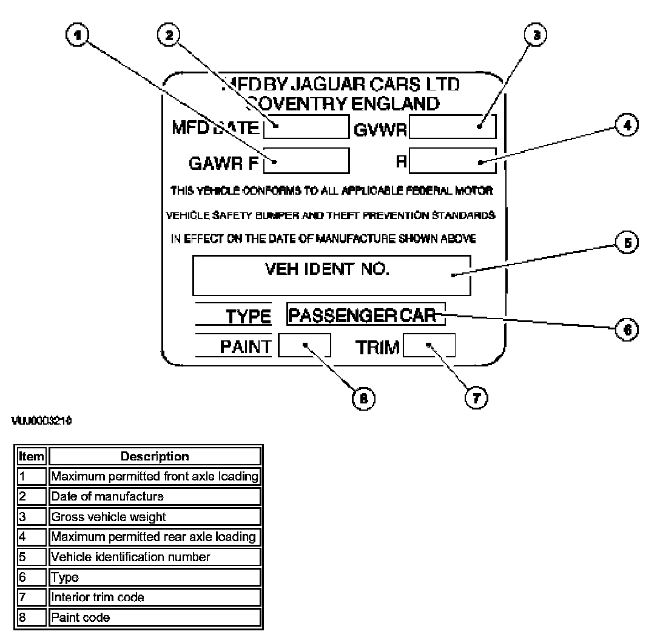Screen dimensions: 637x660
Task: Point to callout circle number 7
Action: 474,397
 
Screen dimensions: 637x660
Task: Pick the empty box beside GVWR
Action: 453,127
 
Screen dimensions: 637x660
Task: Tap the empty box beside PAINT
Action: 305,346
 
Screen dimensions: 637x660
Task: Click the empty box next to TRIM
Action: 429,346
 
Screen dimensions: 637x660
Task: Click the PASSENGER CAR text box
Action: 365,315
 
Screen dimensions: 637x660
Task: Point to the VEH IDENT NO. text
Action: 328,269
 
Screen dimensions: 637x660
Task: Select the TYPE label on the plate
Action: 248,316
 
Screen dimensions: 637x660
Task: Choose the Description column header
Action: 155,456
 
